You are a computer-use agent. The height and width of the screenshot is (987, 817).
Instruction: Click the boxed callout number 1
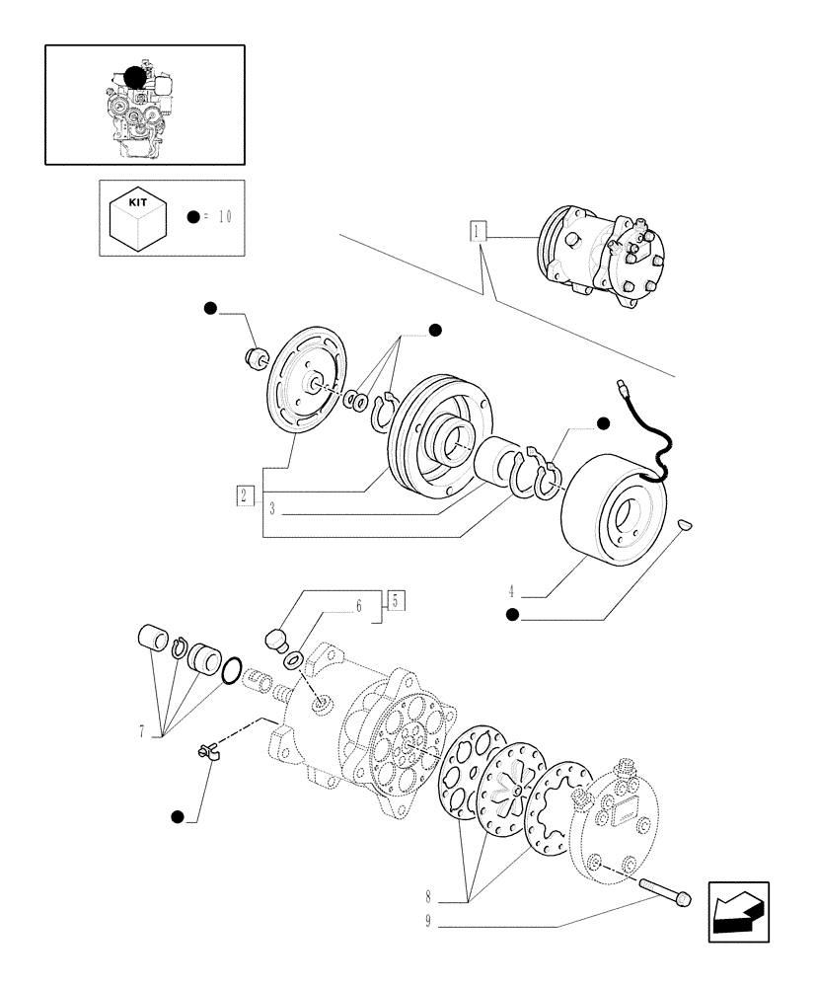click(479, 232)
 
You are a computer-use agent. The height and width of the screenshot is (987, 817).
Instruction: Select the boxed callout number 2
click(246, 495)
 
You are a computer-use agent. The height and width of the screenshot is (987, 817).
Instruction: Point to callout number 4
click(512, 592)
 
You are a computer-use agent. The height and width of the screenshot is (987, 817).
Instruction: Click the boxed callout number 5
click(395, 599)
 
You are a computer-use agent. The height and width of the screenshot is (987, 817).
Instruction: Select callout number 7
click(143, 731)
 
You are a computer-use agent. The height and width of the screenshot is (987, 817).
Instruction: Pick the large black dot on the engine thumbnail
click(133, 79)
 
